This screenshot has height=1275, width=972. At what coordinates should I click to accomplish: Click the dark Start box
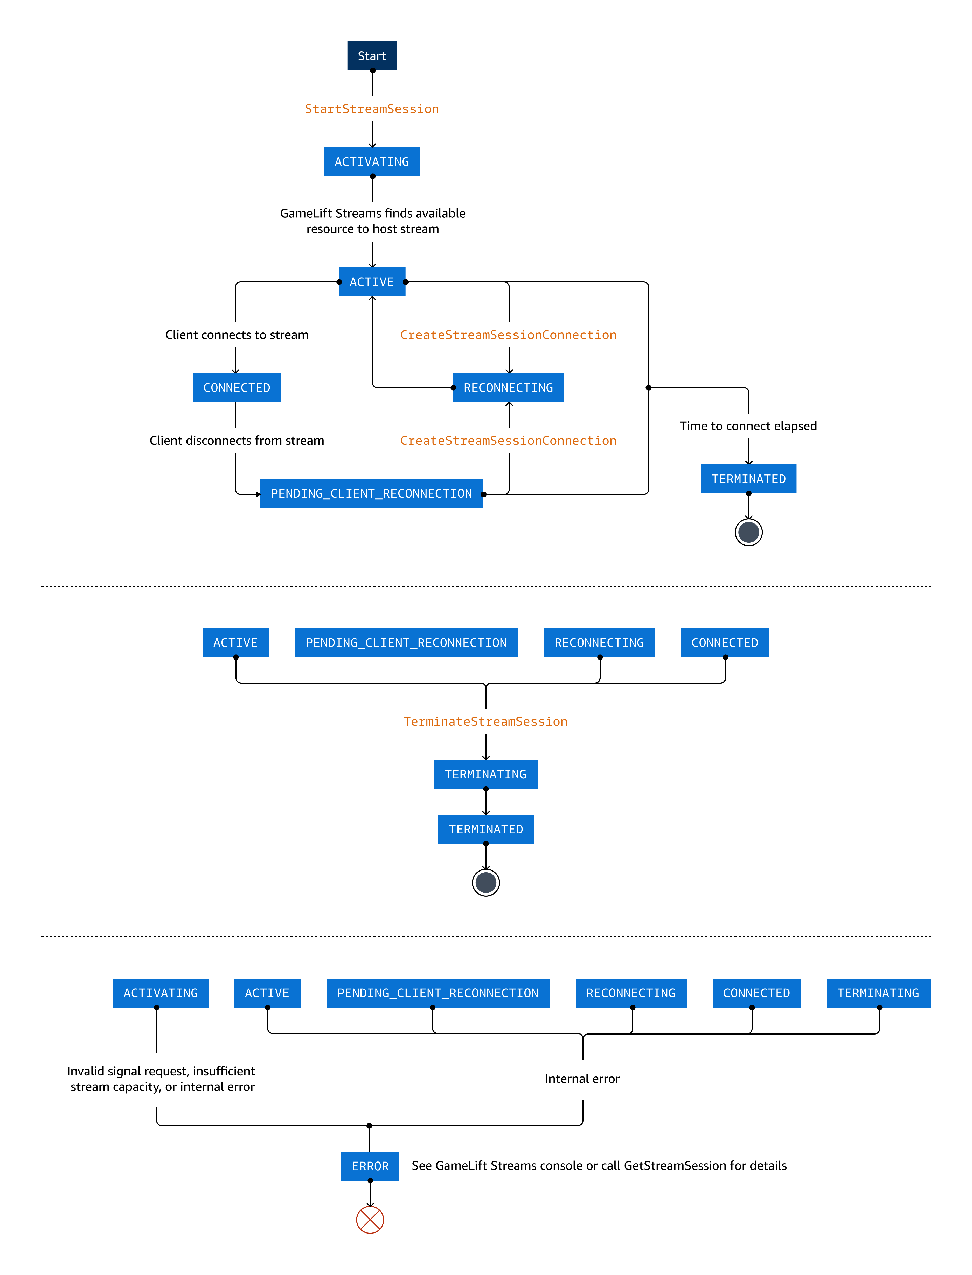coord(372,56)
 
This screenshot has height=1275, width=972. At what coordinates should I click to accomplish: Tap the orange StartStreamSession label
coord(372,109)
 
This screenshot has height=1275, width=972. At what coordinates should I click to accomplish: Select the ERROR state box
coord(370,1166)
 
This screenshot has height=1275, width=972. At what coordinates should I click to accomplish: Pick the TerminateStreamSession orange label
coord(485,721)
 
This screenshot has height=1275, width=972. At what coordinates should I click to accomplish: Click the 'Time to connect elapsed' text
coord(748,426)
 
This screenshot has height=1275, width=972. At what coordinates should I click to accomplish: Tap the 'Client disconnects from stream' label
coord(237,441)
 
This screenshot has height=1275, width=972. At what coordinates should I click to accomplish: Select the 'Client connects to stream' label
coord(237,335)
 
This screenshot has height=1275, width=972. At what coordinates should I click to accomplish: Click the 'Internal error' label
coord(582,1078)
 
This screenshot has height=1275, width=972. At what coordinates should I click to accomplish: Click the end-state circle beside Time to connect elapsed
coord(749,532)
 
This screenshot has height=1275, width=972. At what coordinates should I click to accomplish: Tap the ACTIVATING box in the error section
coord(160,993)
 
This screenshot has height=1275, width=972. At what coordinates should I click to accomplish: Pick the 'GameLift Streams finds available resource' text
coord(373,221)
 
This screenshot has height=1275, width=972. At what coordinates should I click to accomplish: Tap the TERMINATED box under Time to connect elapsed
coord(749,479)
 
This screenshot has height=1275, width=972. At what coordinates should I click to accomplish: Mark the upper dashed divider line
coord(486,586)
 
